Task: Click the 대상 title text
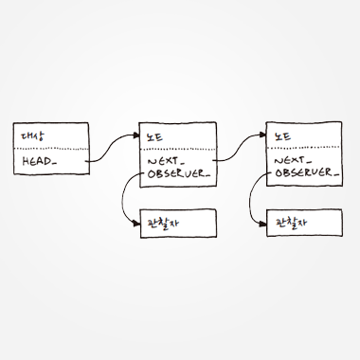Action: [33, 135]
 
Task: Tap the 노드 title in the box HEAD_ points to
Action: [154, 136]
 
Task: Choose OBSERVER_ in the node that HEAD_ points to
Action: [179, 174]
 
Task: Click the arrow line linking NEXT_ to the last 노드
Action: [240, 148]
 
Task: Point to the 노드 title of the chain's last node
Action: [282, 136]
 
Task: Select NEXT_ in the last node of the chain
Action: [293, 161]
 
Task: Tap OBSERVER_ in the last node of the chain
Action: [307, 172]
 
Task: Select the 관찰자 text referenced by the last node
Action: [292, 223]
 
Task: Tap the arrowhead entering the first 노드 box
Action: [136, 135]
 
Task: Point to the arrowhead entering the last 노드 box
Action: [262, 135]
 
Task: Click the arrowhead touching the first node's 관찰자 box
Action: [136, 224]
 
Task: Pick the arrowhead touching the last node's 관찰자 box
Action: [263, 224]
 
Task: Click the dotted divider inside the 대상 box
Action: [51, 149]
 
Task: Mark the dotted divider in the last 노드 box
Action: [304, 147]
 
